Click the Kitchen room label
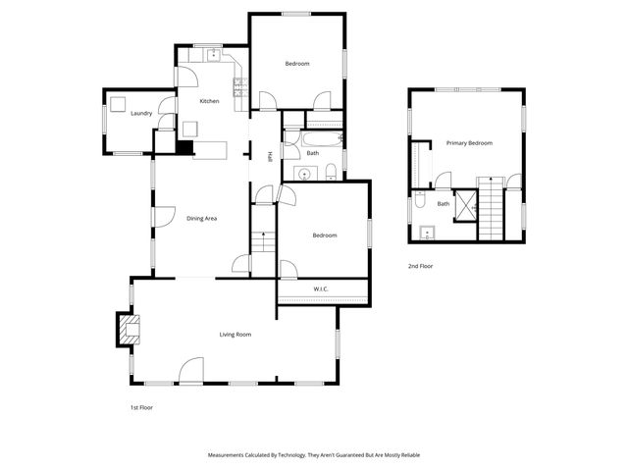tap(209, 102)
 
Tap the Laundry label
tap(141, 114)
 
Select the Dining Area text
tap(201, 218)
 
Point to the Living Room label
tap(235, 335)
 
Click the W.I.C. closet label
tap(321, 288)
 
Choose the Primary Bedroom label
tap(469, 143)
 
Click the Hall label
tap(270, 153)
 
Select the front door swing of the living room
tap(190, 369)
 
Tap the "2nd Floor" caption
tap(420, 266)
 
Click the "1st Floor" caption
tap(141, 407)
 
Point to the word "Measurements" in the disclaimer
tap(228, 455)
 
